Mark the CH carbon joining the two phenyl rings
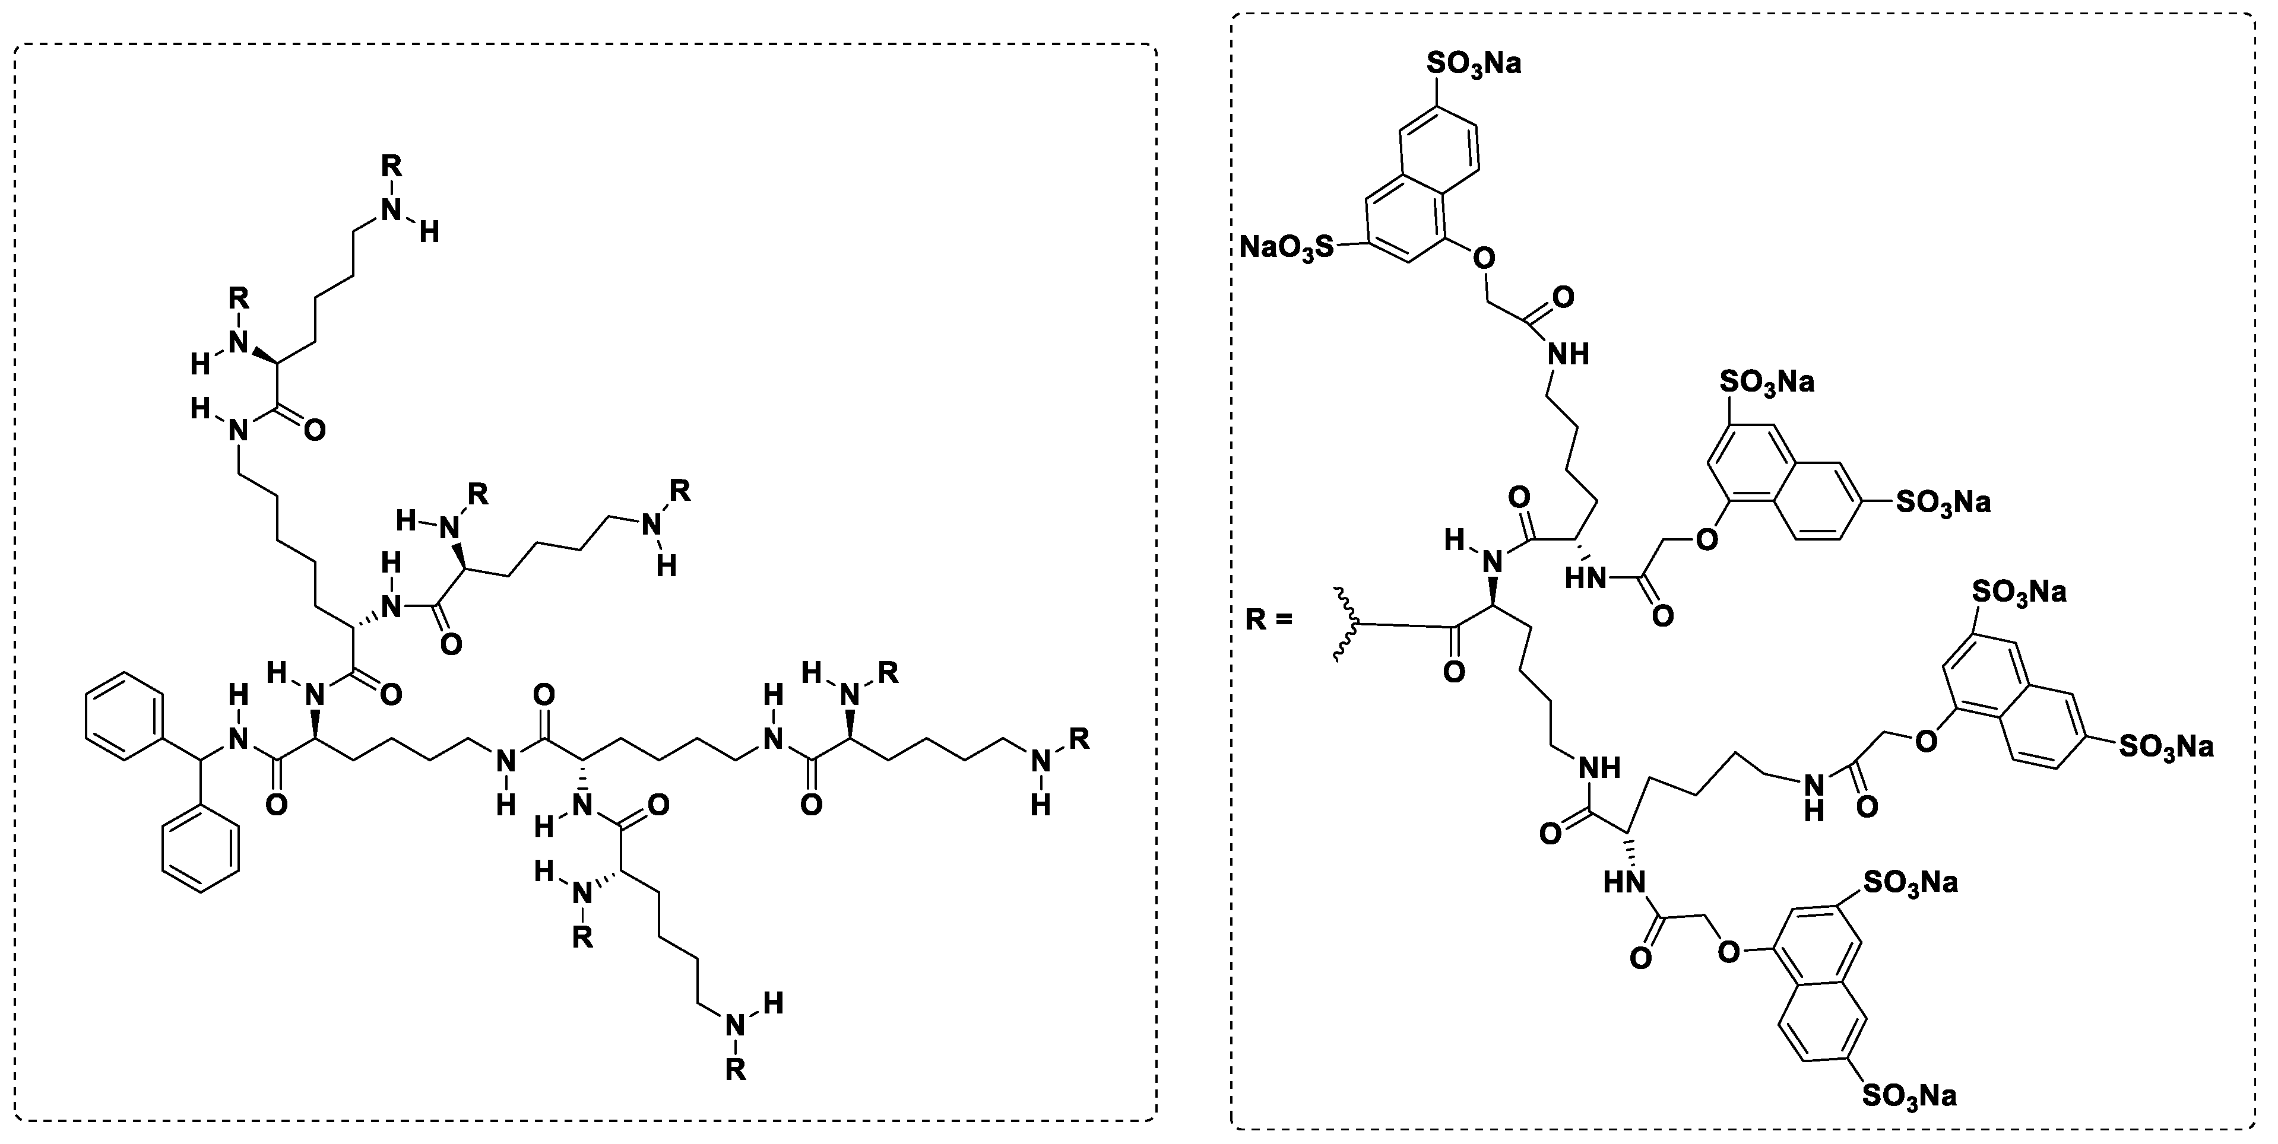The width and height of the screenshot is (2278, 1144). click(201, 760)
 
